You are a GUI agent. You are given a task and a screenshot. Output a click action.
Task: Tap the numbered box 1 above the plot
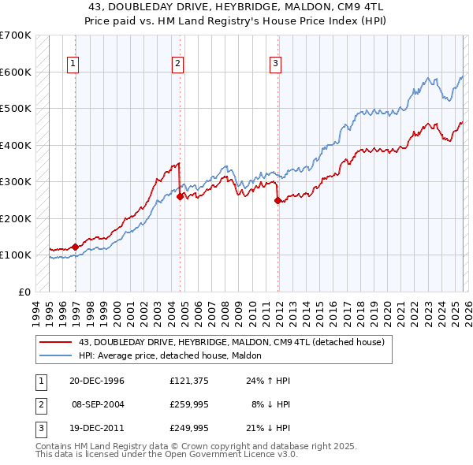[x=73, y=64]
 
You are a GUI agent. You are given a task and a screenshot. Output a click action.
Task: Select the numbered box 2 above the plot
[x=178, y=64]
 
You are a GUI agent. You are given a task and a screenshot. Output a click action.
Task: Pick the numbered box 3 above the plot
[x=276, y=64]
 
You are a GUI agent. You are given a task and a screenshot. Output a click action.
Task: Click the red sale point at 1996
[x=76, y=247]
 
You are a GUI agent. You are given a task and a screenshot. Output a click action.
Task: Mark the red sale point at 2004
[x=181, y=196]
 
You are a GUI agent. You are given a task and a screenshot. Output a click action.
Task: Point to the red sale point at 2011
[x=278, y=200]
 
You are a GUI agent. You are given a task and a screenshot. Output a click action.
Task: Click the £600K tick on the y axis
[x=16, y=72]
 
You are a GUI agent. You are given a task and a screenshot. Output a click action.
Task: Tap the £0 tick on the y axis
[x=24, y=292]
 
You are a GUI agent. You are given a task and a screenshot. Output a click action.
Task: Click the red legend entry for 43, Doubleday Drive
[x=231, y=342]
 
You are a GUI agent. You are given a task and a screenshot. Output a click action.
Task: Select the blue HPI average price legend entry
[x=175, y=355]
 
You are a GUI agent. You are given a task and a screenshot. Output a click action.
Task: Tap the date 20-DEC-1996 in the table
[x=97, y=381]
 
